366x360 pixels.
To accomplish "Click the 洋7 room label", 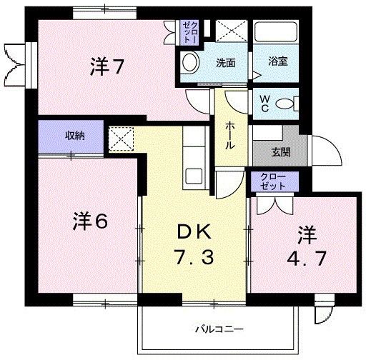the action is click(x=107, y=67).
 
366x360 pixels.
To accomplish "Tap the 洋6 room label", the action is click(x=90, y=221).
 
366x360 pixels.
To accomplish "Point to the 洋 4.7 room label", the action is click(x=307, y=246).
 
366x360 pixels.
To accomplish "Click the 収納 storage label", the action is click(x=75, y=136).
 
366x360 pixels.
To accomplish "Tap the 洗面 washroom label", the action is click(x=226, y=63).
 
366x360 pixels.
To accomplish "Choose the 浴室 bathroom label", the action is click(x=278, y=61).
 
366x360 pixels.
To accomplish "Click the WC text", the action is click(x=264, y=104).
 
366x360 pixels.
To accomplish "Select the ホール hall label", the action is click(x=230, y=135).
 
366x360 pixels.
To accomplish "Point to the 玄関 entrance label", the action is click(x=281, y=152).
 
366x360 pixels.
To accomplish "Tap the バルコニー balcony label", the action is click(x=219, y=329).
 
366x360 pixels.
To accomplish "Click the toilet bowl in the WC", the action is click(x=285, y=104).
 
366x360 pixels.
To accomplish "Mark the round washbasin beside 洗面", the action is click(x=190, y=62).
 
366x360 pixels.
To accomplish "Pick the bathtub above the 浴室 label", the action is click(x=276, y=32).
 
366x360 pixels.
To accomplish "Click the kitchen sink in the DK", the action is click(x=194, y=176).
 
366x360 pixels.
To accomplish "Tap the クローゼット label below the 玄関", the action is click(x=272, y=181).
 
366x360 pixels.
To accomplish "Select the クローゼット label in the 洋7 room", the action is click(x=190, y=32).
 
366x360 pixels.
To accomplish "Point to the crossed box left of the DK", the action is click(x=121, y=139).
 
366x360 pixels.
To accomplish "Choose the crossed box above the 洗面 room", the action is click(x=232, y=31).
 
